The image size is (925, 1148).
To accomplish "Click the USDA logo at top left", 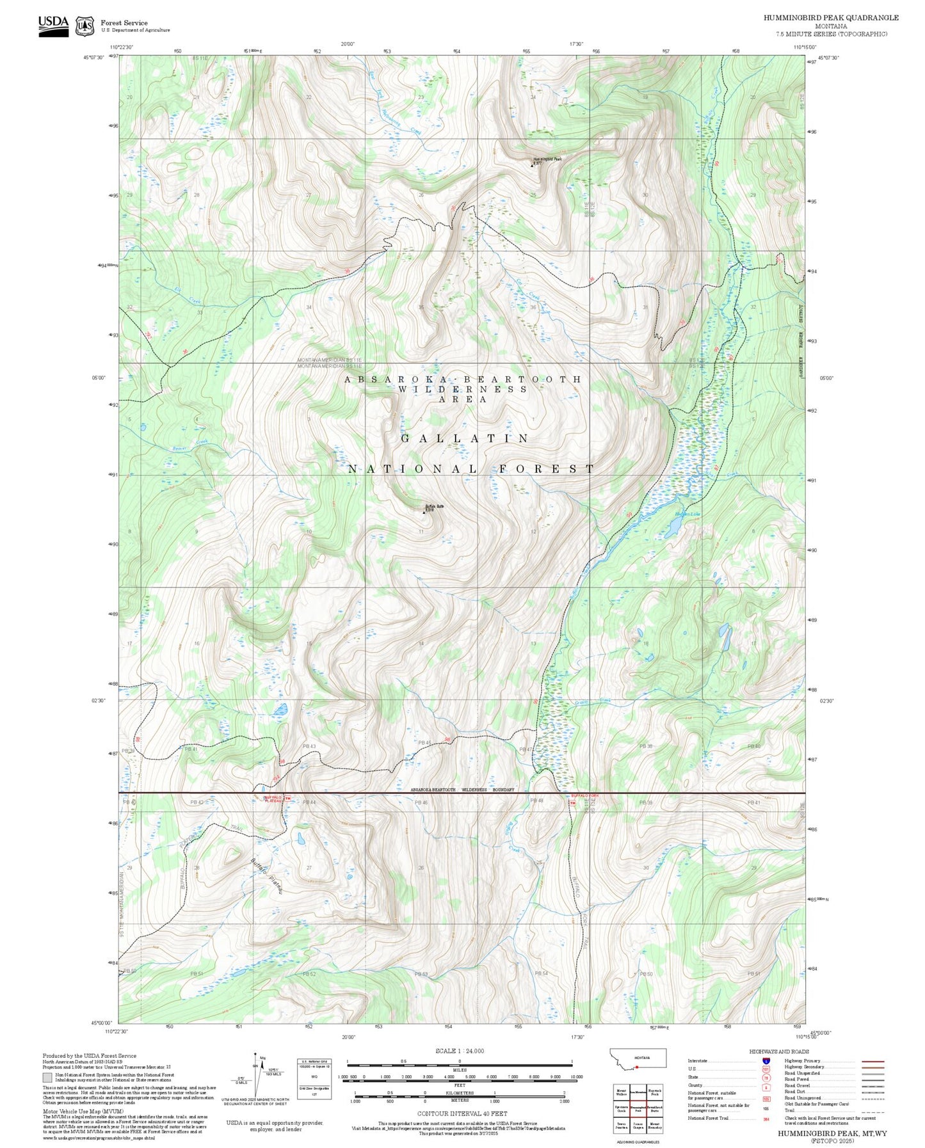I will pyautogui.click(x=53, y=26).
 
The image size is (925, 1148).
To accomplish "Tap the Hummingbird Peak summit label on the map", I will pyautogui.click(x=547, y=159).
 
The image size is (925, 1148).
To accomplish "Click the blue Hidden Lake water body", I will pyautogui.click(x=673, y=527).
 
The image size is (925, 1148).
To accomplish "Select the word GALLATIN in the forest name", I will pyautogui.click(x=465, y=438).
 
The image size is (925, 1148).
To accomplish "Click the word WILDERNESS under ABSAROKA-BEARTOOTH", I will pyautogui.click(x=463, y=389).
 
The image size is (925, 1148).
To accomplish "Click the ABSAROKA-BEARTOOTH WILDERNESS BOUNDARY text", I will pyautogui.click(x=462, y=790).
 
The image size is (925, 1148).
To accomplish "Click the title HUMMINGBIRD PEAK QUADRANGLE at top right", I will pyautogui.click(x=830, y=18).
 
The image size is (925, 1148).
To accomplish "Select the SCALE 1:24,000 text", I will pyautogui.click(x=459, y=1051).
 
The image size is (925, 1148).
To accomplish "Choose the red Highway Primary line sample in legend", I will pyautogui.click(x=873, y=1061).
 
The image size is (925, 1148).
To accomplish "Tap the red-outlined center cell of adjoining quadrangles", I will pyautogui.click(x=638, y=1108).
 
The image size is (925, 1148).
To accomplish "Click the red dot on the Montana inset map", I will pyautogui.click(x=637, y=1067).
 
